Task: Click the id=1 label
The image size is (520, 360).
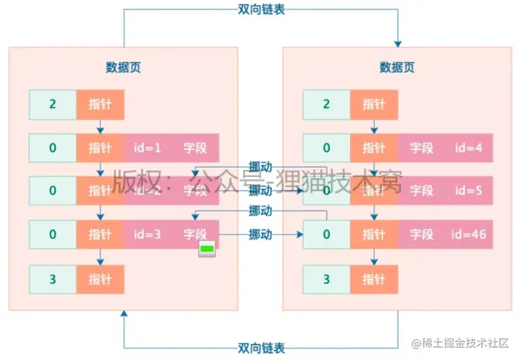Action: click(x=147, y=147)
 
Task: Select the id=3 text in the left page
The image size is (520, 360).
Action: click(x=147, y=234)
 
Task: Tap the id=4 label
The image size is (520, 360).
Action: click(x=468, y=147)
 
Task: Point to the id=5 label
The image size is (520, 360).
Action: click(x=468, y=190)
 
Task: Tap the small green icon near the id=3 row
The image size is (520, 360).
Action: click(x=207, y=249)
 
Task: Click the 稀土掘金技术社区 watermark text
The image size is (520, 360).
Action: click(x=465, y=343)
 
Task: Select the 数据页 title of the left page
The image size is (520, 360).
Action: click(x=123, y=67)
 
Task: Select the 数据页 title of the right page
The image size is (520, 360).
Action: click(x=396, y=67)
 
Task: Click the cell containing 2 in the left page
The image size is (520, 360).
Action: click(x=53, y=104)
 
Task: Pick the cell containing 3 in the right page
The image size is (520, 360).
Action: click(x=326, y=277)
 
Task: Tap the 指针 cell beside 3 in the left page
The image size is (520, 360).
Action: click(x=100, y=277)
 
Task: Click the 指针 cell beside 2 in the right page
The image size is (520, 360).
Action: click(x=373, y=104)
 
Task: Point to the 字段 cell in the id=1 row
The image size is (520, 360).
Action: click(x=195, y=147)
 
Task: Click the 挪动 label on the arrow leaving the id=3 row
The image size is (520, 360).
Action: click(x=260, y=234)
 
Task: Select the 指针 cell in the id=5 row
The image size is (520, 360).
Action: click(x=373, y=190)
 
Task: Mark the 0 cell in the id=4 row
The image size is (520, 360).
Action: click(x=326, y=147)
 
